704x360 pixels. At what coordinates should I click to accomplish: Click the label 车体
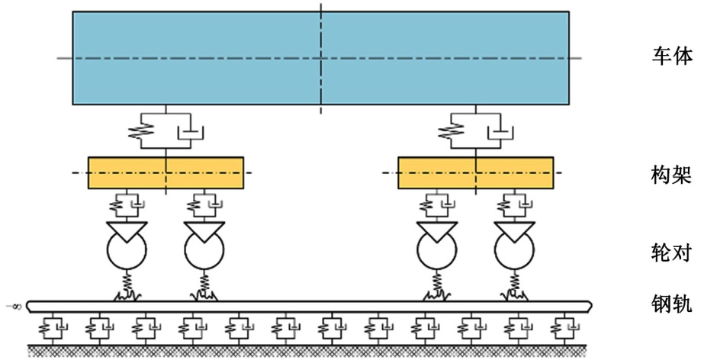tap(671, 56)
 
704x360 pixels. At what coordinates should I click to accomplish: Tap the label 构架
tap(671, 177)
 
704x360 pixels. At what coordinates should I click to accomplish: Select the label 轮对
tap(671, 252)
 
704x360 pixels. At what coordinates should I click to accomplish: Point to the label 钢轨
tap(671, 304)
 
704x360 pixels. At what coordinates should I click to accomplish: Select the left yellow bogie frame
tap(166, 172)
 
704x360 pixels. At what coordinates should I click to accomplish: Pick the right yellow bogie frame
tap(476, 172)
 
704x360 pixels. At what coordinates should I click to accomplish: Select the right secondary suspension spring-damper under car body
tap(475, 130)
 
